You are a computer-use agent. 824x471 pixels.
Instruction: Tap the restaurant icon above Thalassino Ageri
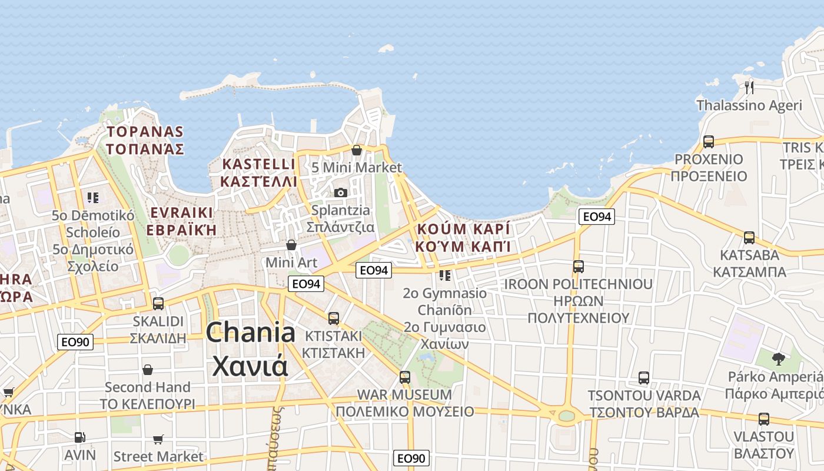point(749,88)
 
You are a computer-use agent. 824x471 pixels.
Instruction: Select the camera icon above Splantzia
point(340,193)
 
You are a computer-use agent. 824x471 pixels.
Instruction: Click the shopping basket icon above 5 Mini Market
point(356,150)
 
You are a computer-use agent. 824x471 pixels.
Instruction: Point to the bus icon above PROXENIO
point(708,142)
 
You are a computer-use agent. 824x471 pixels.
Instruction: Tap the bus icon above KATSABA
point(749,238)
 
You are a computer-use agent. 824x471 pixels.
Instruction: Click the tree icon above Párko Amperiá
point(779,359)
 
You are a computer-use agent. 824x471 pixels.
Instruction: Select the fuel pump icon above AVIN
point(79,437)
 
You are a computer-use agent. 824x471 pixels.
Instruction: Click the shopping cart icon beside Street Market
point(158,439)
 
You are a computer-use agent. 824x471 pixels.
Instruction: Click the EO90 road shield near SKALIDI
point(75,341)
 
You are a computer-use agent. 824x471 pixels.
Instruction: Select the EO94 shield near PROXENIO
point(597,217)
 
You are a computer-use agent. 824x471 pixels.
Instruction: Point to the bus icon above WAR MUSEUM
point(405,377)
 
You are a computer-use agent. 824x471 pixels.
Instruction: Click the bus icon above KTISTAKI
point(334,319)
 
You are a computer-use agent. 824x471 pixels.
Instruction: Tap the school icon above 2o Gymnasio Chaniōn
point(445,275)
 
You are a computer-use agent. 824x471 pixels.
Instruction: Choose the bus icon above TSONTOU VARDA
point(644,378)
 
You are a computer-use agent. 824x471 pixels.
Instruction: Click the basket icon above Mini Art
point(291,244)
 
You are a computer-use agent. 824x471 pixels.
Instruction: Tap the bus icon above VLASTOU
point(763,419)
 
